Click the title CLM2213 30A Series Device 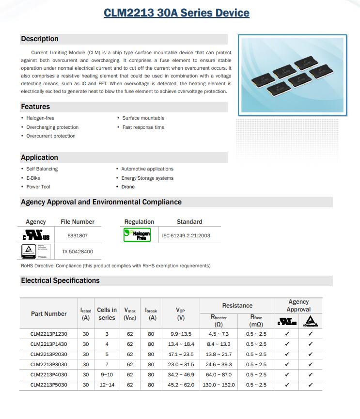coord(176,13)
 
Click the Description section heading coord(40,39)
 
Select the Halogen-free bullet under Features coord(40,118)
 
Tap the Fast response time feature coord(143,127)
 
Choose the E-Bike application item coord(33,178)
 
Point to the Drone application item coord(128,187)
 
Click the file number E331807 coord(78,236)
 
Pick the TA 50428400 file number coord(78,252)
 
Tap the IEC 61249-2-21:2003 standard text coord(187,236)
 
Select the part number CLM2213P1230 coord(49,334)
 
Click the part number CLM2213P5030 coord(49,385)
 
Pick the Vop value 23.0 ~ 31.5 coord(180,364)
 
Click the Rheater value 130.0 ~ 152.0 coord(219,385)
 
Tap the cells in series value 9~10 coord(107,375)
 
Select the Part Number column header coord(49,314)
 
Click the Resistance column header coord(237,306)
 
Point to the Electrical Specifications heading coord(60,280)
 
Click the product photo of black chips coord(292,75)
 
